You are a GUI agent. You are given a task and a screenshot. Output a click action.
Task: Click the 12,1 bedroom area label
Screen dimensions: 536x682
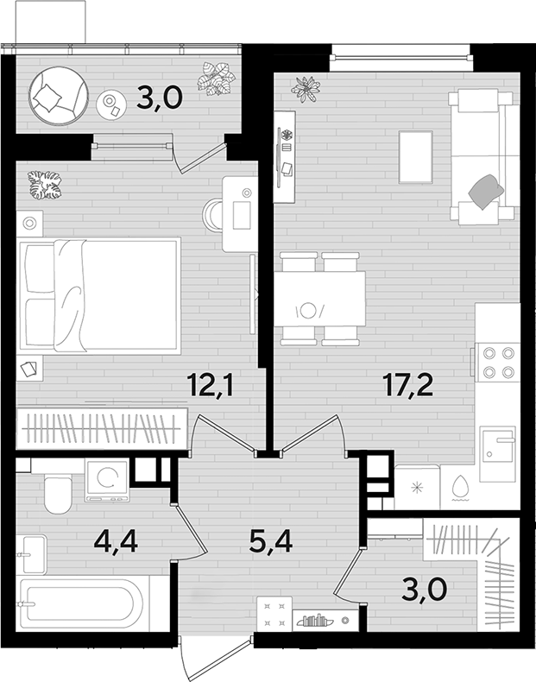click(211, 384)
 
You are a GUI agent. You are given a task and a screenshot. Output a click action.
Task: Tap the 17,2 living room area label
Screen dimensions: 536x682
click(407, 384)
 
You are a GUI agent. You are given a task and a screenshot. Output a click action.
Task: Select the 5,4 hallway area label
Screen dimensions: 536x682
click(271, 541)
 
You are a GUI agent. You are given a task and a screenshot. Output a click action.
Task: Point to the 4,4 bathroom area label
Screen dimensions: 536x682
click(116, 541)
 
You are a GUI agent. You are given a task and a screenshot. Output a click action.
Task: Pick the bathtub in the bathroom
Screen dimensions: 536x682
click(81, 603)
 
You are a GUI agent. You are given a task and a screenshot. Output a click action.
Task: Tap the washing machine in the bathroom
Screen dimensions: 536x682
click(107, 481)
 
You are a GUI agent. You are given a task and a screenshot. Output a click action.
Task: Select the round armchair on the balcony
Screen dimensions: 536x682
click(59, 96)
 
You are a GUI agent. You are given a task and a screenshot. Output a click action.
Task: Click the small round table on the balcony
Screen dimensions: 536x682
click(111, 104)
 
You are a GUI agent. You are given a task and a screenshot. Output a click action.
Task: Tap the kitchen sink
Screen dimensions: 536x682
click(497, 453)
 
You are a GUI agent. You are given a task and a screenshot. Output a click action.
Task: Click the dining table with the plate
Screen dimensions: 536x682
click(319, 299)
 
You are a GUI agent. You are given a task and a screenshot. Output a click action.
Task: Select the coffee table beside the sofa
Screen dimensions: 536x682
click(415, 157)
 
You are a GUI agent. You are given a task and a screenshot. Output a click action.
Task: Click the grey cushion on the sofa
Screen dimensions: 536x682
click(486, 191)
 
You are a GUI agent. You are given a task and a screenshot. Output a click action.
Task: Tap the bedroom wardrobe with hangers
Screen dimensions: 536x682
click(102, 428)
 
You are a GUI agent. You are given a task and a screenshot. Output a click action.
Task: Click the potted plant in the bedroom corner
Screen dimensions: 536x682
click(44, 185)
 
